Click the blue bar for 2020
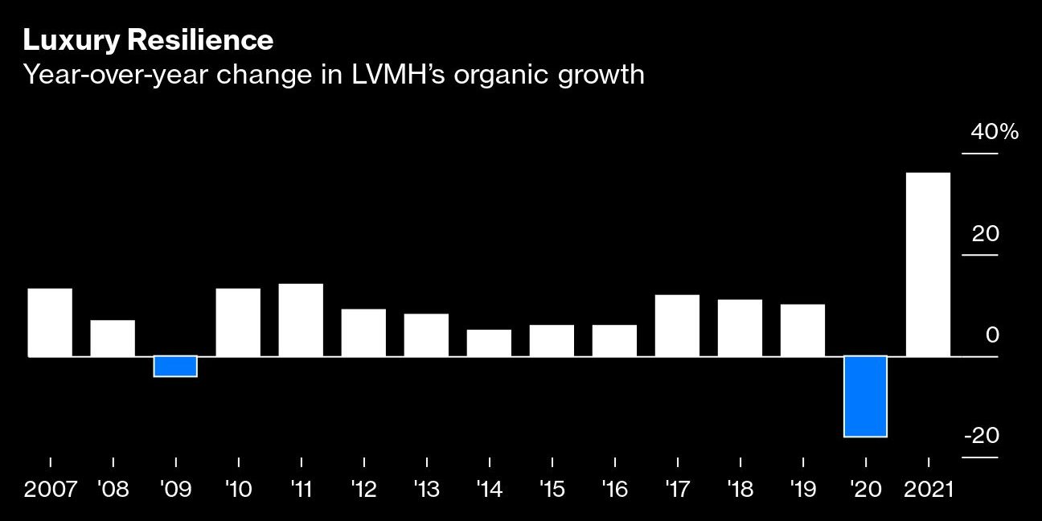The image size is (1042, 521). click(865, 396)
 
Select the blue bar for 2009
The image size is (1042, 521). click(175, 366)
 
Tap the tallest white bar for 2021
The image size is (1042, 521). click(928, 265)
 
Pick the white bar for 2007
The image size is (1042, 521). click(50, 322)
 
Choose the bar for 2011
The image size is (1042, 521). click(301, 320)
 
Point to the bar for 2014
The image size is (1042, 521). click(489, 343)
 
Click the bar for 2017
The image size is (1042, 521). click(677, 326)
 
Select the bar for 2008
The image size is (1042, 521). click(113, 338)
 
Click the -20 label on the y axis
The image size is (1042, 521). click(981, 436)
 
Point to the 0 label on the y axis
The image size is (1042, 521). click(992, 334)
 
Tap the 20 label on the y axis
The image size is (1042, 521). click(985, 234)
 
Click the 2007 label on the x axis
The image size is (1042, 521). click(51, 490)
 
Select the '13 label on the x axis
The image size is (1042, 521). click(426, 490)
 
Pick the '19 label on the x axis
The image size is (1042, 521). click(802, 490)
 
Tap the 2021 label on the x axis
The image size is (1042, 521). click(928, 490)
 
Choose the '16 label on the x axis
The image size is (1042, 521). click(614, 490)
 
